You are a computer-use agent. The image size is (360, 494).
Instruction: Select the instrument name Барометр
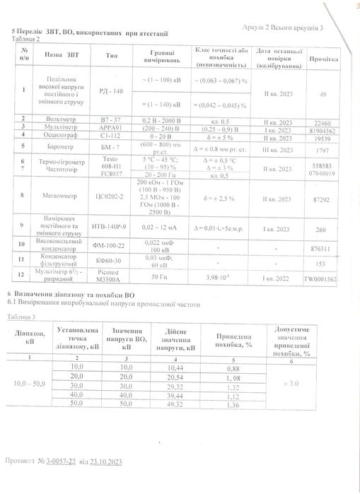pyautogui.click(x=61, y=146)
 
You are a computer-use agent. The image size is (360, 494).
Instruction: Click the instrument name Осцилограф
pyautogui.click(x=61, y=136)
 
